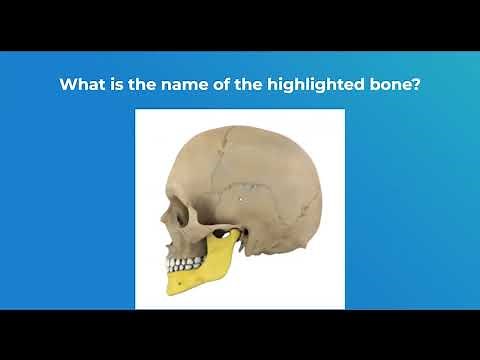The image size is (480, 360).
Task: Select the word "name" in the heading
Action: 175,85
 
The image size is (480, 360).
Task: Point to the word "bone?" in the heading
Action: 396,85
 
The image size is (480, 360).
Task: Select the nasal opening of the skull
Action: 163,234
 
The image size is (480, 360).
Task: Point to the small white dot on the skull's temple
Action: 241,198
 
